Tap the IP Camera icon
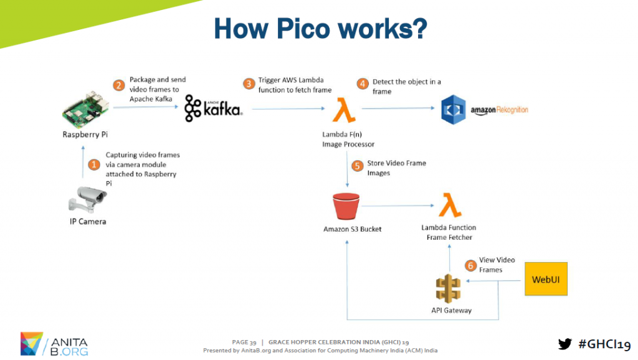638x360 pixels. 88,199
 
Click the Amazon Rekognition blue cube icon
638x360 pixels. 453,110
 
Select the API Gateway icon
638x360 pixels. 449,287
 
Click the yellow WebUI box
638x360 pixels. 545,279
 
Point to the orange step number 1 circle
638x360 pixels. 94,165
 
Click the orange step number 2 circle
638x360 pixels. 118,85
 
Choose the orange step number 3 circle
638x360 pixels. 249,83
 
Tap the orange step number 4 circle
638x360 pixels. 362,83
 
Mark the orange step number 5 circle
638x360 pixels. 357,166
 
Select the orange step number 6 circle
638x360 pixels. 470,265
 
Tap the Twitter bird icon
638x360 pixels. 564,344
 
